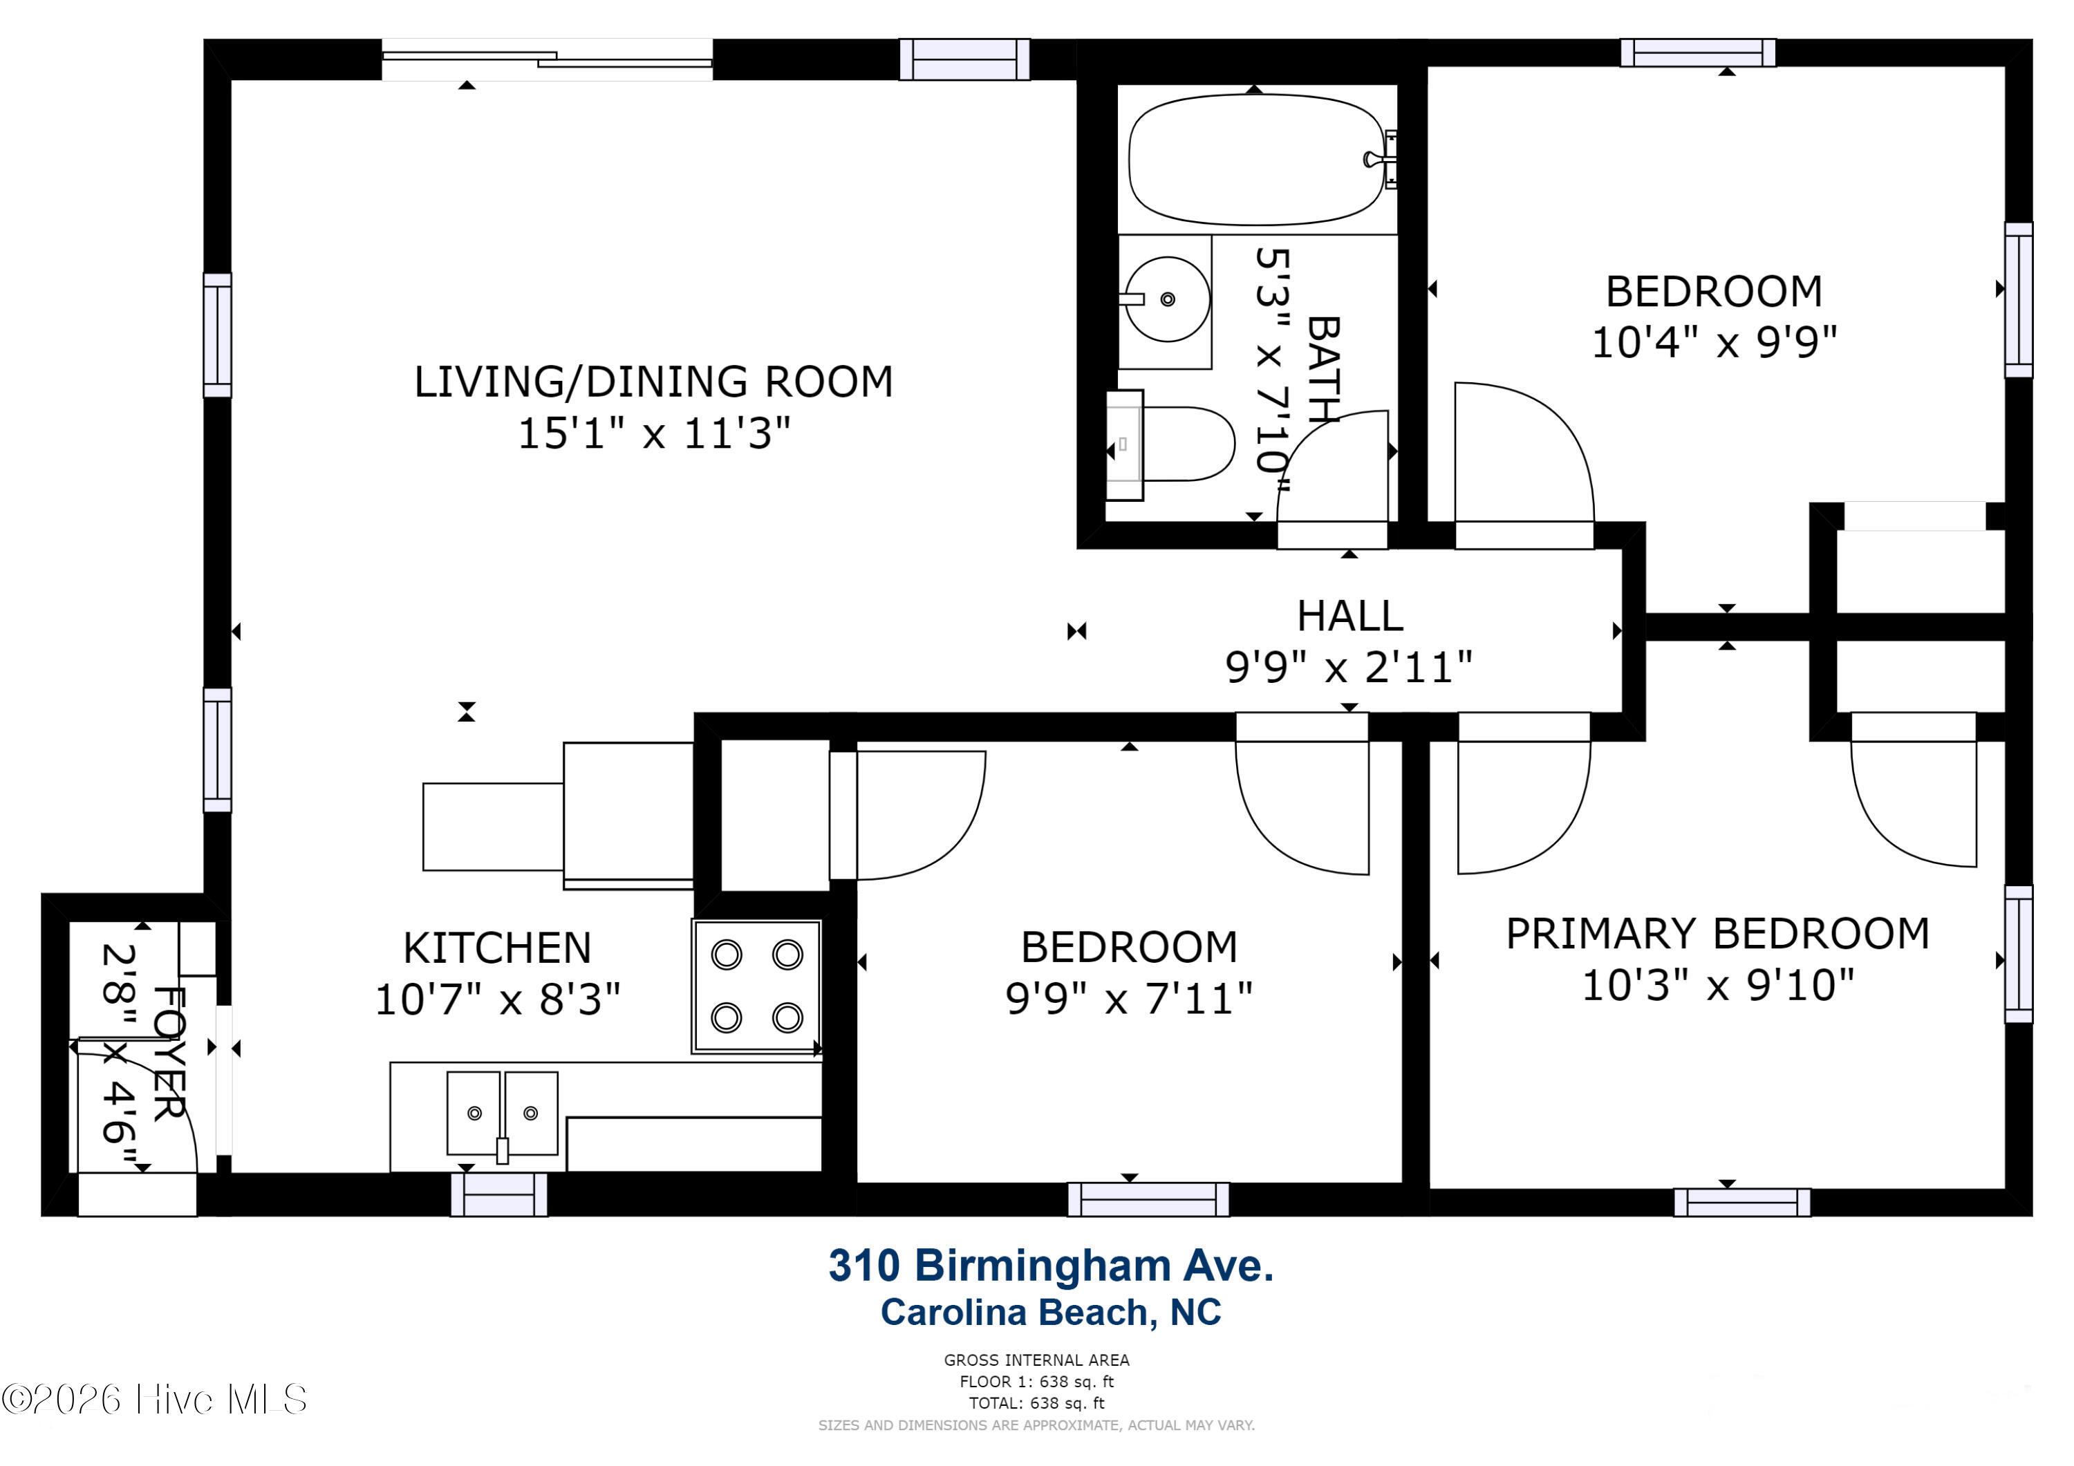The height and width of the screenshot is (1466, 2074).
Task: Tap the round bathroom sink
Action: point(1167,299)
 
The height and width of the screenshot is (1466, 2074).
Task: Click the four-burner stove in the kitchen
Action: point(756,986)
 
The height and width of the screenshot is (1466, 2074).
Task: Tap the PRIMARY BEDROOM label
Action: point(1717,933)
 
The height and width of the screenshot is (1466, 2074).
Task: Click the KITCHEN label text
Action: point(497,948)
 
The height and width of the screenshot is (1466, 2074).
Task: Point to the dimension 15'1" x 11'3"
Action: point(653,433)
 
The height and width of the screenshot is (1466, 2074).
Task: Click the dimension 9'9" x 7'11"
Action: point(1128,999)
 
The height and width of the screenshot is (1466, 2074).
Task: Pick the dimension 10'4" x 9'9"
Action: point(1714,342)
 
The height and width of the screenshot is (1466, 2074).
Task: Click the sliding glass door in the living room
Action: point(548,59)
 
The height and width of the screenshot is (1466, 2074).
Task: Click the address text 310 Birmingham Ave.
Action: point(1051,1266)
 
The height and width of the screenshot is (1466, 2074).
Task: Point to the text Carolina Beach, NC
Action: point(1051,1313)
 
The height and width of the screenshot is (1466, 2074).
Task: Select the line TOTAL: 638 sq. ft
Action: point(1036,1403)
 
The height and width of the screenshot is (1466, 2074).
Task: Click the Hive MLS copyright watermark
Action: point(154,1399)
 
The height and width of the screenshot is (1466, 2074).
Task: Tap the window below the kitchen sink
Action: point(498,1195)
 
